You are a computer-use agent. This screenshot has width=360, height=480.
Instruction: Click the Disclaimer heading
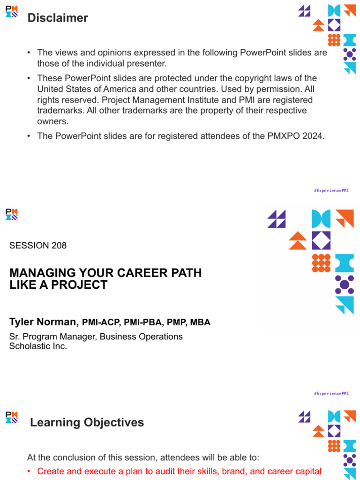coord(58,18)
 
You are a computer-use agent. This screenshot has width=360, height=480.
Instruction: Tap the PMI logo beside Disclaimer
coord(12,11)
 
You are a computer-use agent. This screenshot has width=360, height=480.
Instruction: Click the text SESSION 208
coord(38,246)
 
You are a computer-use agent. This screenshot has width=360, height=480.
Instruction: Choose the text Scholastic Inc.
coord(38,346)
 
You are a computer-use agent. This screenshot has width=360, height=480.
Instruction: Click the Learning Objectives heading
coord(87,422)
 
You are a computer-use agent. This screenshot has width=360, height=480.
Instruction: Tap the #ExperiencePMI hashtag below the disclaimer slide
coord(331,191)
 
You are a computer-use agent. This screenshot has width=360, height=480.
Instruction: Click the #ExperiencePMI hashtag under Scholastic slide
coord(331,394)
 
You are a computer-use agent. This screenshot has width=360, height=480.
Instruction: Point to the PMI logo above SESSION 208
coord(12,215)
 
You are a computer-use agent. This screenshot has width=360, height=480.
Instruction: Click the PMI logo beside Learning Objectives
coord(12,417)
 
